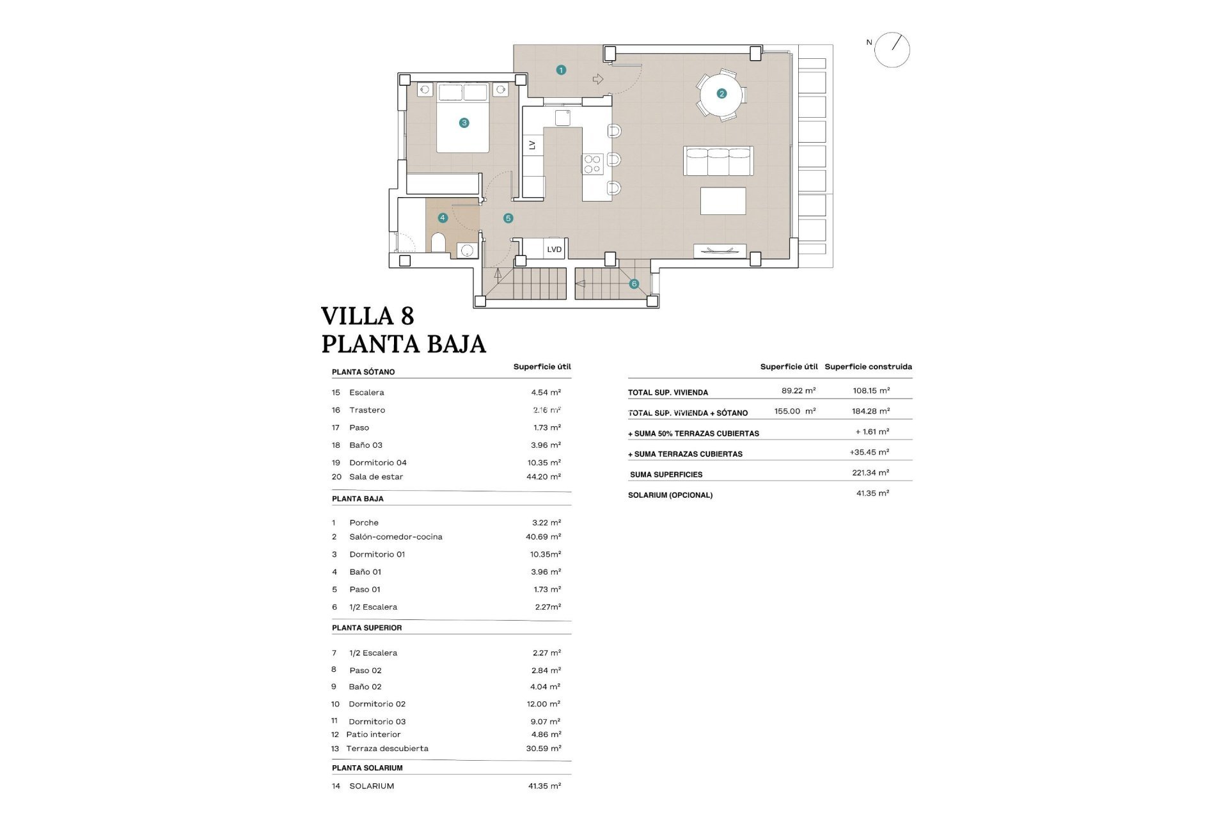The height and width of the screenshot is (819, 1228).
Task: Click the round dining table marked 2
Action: [x=721, y=94]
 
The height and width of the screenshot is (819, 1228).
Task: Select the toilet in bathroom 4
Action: [x=438, y=243]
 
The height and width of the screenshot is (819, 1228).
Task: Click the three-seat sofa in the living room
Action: [x=718, y=161]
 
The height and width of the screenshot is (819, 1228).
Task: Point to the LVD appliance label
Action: [x=554, y=250]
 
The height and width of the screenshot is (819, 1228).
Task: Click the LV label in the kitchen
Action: [x=532, y=145]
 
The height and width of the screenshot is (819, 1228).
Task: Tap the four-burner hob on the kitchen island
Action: [x=592, y=164]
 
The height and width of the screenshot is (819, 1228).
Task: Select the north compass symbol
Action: [x=892, y=50]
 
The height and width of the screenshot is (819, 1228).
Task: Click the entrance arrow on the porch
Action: [x=598, y=79]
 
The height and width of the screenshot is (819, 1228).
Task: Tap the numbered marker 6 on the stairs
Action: [x=634, y=283]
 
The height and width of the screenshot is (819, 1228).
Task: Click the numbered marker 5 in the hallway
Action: [x=508, y=218]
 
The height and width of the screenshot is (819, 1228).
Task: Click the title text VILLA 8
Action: [x=367, y=316]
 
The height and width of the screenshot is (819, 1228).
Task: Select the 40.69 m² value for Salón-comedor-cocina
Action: [x=543, y=537]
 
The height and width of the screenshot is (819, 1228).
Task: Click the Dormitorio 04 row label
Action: [x=377, y=463]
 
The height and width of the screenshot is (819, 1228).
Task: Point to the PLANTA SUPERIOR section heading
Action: [x=366, y=628]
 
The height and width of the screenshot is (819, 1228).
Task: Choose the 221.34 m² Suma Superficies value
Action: [x=870, y=473]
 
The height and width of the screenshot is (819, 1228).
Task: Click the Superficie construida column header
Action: [x=868, y=367]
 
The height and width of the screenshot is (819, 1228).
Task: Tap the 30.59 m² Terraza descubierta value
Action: [x=543, y=748]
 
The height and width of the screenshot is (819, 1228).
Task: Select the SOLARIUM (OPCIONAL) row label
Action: [x=670, y=495]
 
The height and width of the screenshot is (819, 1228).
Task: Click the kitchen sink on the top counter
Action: [x=562, y=118]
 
